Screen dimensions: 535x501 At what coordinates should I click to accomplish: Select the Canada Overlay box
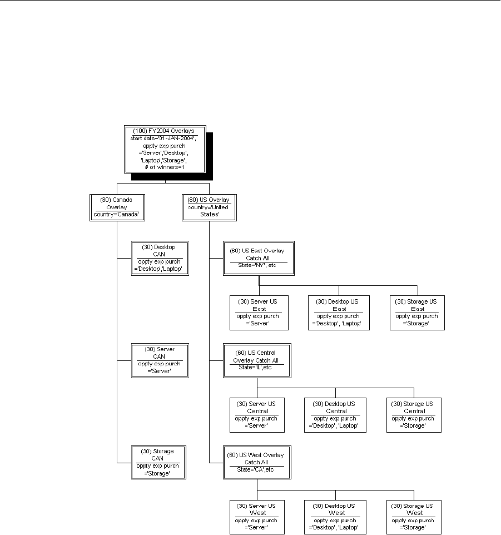117,207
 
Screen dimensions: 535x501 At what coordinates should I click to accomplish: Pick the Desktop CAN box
158,258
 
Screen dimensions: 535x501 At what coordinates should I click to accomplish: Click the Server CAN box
158,360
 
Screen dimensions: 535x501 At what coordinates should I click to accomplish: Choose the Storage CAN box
158,462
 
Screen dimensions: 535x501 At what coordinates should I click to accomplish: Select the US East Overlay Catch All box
257,258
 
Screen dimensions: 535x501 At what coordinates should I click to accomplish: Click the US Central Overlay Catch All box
257,360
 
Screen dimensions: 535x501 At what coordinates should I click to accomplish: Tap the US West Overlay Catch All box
257,462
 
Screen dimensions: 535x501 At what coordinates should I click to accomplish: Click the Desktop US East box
339,313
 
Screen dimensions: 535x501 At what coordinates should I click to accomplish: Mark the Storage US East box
417,313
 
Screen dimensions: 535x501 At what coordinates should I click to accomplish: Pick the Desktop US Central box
335,415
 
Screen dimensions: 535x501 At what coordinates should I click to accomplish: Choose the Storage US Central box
414,415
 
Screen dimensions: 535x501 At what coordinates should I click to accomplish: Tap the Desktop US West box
335,517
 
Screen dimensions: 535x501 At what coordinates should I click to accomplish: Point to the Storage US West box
414,517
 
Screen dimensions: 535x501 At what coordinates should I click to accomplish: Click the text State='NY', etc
257,265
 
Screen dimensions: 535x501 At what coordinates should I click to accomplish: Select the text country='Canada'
117,214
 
